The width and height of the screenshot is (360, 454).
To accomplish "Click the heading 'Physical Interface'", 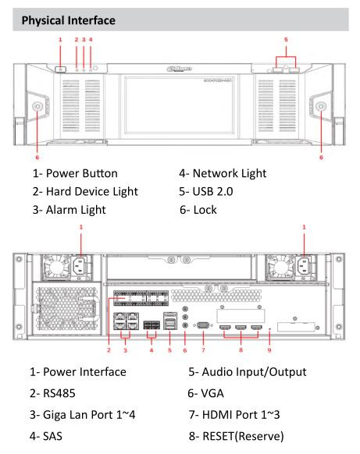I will tap(59, 16).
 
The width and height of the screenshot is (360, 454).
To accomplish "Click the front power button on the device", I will tap(61, 69).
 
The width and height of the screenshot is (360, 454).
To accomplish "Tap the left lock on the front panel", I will tap(37, 106).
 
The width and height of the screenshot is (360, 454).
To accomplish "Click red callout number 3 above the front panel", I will tap(83, 38).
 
